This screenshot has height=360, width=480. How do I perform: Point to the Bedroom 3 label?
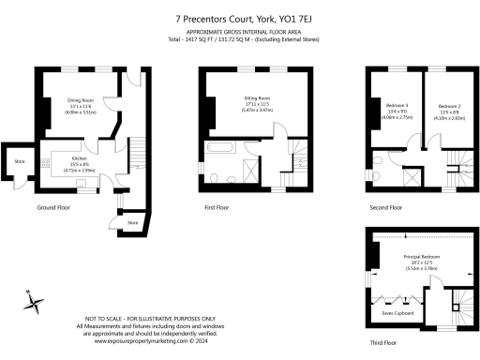point(397,104)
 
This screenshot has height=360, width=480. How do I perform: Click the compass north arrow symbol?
point(35,301)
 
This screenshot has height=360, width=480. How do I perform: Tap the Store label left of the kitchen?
point(18,160)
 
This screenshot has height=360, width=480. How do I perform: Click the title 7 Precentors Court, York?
point(239,17)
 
